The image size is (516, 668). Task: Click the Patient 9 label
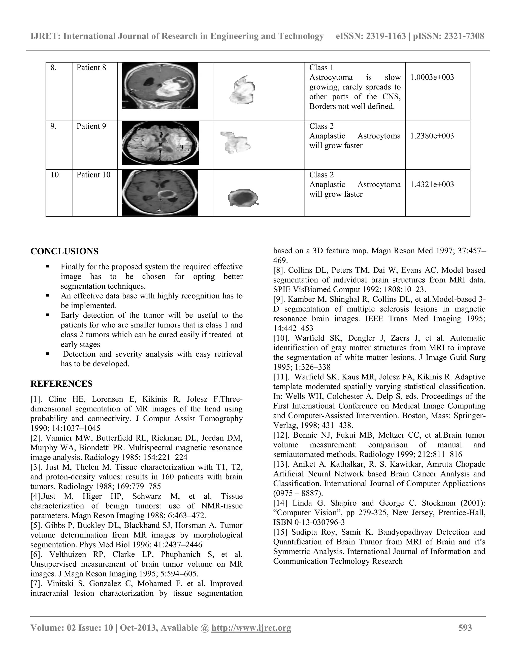click(91, 126)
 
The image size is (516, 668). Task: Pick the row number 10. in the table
click(56, 175)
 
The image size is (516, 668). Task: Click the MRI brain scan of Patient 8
click(160, 86)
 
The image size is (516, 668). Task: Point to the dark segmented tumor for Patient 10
click(243, 197)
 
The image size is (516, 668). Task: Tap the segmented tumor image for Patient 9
click(235, 142)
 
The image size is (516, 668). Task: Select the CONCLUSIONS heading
click(64, 251)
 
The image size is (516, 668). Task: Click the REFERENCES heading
click(61, 384)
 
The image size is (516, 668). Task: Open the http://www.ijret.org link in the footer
click(251, 628)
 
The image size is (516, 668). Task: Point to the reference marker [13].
click(281, 464)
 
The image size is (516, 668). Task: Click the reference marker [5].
click(36, 526)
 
